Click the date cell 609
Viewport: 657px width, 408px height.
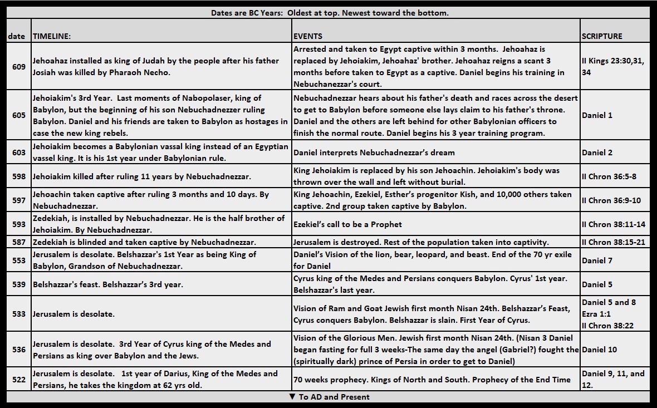18,67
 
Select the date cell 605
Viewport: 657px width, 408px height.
18,115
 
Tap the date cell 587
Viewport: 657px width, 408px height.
18,242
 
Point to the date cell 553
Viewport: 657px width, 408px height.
18,260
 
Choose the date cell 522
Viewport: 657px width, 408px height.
18,380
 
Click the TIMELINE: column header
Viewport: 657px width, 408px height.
52,36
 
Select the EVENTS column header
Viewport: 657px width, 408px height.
307,36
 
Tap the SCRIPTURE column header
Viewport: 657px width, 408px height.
602,36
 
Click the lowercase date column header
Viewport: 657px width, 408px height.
16,36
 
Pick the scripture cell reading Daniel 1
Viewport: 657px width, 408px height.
597,115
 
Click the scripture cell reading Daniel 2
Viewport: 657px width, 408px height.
597,153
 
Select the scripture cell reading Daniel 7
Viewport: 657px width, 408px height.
597,260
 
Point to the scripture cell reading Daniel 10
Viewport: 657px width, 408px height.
599,350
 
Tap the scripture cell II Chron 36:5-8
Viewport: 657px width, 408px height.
609,176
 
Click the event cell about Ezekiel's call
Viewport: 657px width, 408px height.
347,224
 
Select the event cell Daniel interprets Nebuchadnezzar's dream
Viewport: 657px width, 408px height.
374,153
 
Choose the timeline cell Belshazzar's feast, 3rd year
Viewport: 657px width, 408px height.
107,284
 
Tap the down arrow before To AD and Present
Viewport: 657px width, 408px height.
292,397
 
